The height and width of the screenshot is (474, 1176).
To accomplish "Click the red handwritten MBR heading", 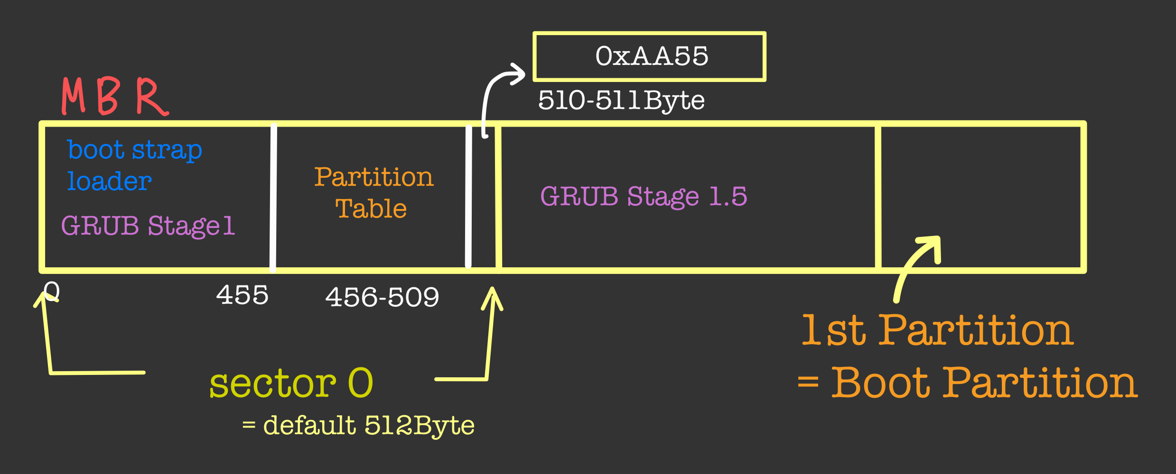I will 115,96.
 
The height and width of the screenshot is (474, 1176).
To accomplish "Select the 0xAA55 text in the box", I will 652,56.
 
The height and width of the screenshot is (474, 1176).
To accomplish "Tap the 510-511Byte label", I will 621,100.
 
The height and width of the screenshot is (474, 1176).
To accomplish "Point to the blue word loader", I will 109,182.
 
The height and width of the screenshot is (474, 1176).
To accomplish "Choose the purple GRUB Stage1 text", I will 148,226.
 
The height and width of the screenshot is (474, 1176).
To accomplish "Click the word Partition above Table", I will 373,177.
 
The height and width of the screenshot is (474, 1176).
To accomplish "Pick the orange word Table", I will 371,209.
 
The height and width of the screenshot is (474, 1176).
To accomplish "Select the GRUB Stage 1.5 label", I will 644,196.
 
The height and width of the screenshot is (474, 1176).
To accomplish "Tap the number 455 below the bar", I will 242,295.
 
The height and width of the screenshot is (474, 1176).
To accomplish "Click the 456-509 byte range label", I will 382,298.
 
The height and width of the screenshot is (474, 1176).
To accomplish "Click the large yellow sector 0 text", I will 291,383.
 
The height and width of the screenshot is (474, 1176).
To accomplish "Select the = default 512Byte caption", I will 358,425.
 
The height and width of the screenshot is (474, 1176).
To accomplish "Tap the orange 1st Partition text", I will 937,330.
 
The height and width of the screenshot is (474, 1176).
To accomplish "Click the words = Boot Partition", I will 968,383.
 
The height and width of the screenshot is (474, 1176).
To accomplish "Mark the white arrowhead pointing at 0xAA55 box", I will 518,74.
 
